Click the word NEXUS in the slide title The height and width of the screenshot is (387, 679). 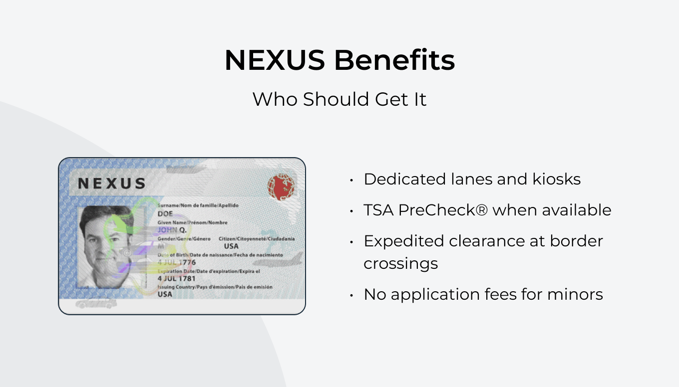[275, 61]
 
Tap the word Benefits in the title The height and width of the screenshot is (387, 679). [394, 61]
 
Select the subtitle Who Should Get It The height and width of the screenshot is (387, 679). [339, 99]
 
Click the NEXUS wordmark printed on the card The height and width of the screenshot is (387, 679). [112, 184]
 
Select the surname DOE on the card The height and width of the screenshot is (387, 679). [165, 213]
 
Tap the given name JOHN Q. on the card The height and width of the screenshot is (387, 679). [172, 230]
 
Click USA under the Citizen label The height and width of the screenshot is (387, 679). [231, 246]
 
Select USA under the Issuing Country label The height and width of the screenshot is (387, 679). [165, 294]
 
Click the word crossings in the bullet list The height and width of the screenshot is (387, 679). [400, 263]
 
